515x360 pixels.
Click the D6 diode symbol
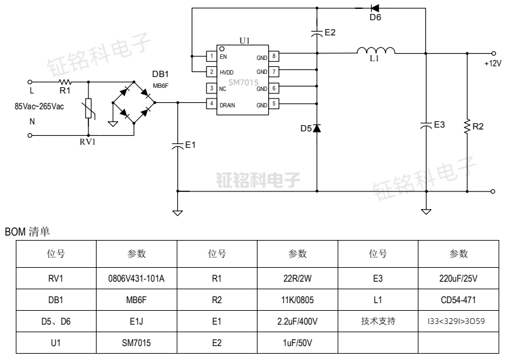tap(374, 8)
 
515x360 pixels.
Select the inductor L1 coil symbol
tap(376, 51)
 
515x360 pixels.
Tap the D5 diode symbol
tap(317, 128)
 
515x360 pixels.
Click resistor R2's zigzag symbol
tap(467, 126)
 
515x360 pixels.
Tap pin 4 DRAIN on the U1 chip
tap(211, 104)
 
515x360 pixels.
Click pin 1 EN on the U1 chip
tap(211, 56)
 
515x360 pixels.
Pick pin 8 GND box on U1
tap(275, 56)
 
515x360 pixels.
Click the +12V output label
tap(492, 64)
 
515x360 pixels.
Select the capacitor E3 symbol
tap(426, 124)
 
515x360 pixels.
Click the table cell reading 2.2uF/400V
tap(297, 321)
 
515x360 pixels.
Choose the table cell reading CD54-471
tap(458, 299)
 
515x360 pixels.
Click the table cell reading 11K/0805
tap(297, 299)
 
